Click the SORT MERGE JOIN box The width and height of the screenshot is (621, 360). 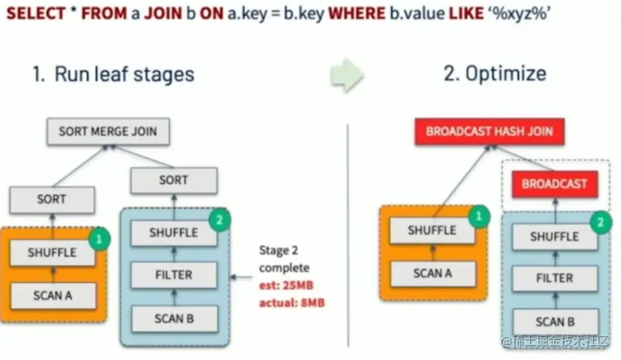click(x=107, y=131)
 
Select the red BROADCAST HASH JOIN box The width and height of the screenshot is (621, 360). click(x=488, y=131)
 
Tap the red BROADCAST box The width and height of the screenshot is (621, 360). click(x=554, y=183)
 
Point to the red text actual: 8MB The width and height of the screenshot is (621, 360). click(x=291, y=303)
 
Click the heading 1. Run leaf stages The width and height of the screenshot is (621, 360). click(x=113, y=73)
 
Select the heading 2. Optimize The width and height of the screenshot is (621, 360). click(x=495, y=73)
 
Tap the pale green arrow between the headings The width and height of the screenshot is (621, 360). click(x=347, y=74)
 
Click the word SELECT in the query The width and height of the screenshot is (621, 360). click(x=34, y=13)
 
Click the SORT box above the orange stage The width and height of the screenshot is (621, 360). click(x=52, y=200)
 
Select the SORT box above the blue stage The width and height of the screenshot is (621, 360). click(x=173, y=181)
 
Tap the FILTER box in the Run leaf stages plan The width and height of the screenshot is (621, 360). click(x=173, y=275)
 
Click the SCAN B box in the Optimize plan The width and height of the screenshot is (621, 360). click(x=554, y=322)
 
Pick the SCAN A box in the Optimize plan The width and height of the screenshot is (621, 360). click(x=432, y=273)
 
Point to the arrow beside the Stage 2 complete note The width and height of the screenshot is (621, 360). click(x=241, y=276)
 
